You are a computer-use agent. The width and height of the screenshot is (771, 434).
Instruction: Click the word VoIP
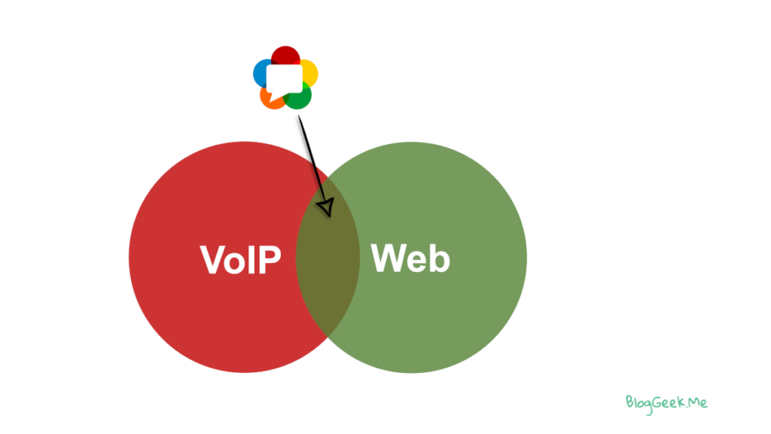click(x=240, y=260)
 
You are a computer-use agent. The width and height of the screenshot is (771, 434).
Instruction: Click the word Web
click(x=410, y=258)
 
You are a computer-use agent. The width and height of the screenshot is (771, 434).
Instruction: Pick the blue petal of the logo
click(x=261, y=72)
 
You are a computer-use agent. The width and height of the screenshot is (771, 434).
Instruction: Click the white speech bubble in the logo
click(x=284, y=78)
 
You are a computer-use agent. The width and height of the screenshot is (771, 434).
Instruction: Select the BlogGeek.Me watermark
click(x=666, y=402)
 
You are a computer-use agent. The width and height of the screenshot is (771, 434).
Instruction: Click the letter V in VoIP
click(x=212, y=260)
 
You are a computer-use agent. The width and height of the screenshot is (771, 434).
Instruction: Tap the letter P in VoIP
click(x=269, y=260)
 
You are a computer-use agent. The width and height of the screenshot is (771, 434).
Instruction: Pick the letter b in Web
click(x=439, y=258)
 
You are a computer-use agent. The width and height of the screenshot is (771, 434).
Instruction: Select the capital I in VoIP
click(x=252, y=260)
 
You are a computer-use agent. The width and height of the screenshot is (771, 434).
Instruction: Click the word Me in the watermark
click(x=697, y=402)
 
